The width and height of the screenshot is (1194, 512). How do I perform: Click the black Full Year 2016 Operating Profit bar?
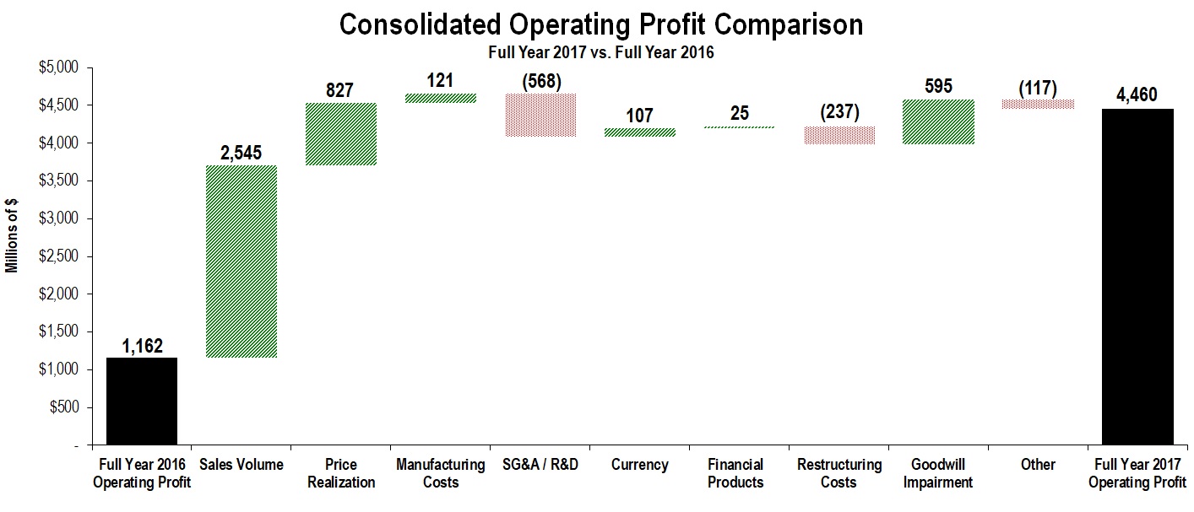(x=142, y=401)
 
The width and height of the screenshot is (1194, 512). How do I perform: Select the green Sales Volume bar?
(x=242, y=261)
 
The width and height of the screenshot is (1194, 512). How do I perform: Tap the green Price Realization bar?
(x=341, y=134)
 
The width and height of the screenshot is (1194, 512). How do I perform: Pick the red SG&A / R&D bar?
(x=540, y=116)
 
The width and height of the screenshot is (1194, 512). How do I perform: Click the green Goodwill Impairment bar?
(x=938, y=122)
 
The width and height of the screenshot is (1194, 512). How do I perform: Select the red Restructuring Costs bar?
(x=839, y=136)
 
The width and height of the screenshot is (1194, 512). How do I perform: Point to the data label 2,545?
(x=242, y=154)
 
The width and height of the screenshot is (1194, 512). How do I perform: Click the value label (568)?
(x=540, y=82)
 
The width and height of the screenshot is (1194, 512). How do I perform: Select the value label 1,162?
(x=142, y=346)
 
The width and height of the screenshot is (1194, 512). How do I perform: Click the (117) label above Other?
(x=1038, y=88)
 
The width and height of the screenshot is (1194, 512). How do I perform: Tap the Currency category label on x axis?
(x=640, y=465)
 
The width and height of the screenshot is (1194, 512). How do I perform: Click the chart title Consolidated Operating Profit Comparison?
(x=600, y=24)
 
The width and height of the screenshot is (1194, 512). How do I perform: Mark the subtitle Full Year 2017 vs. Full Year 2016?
(x=600, y=52)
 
